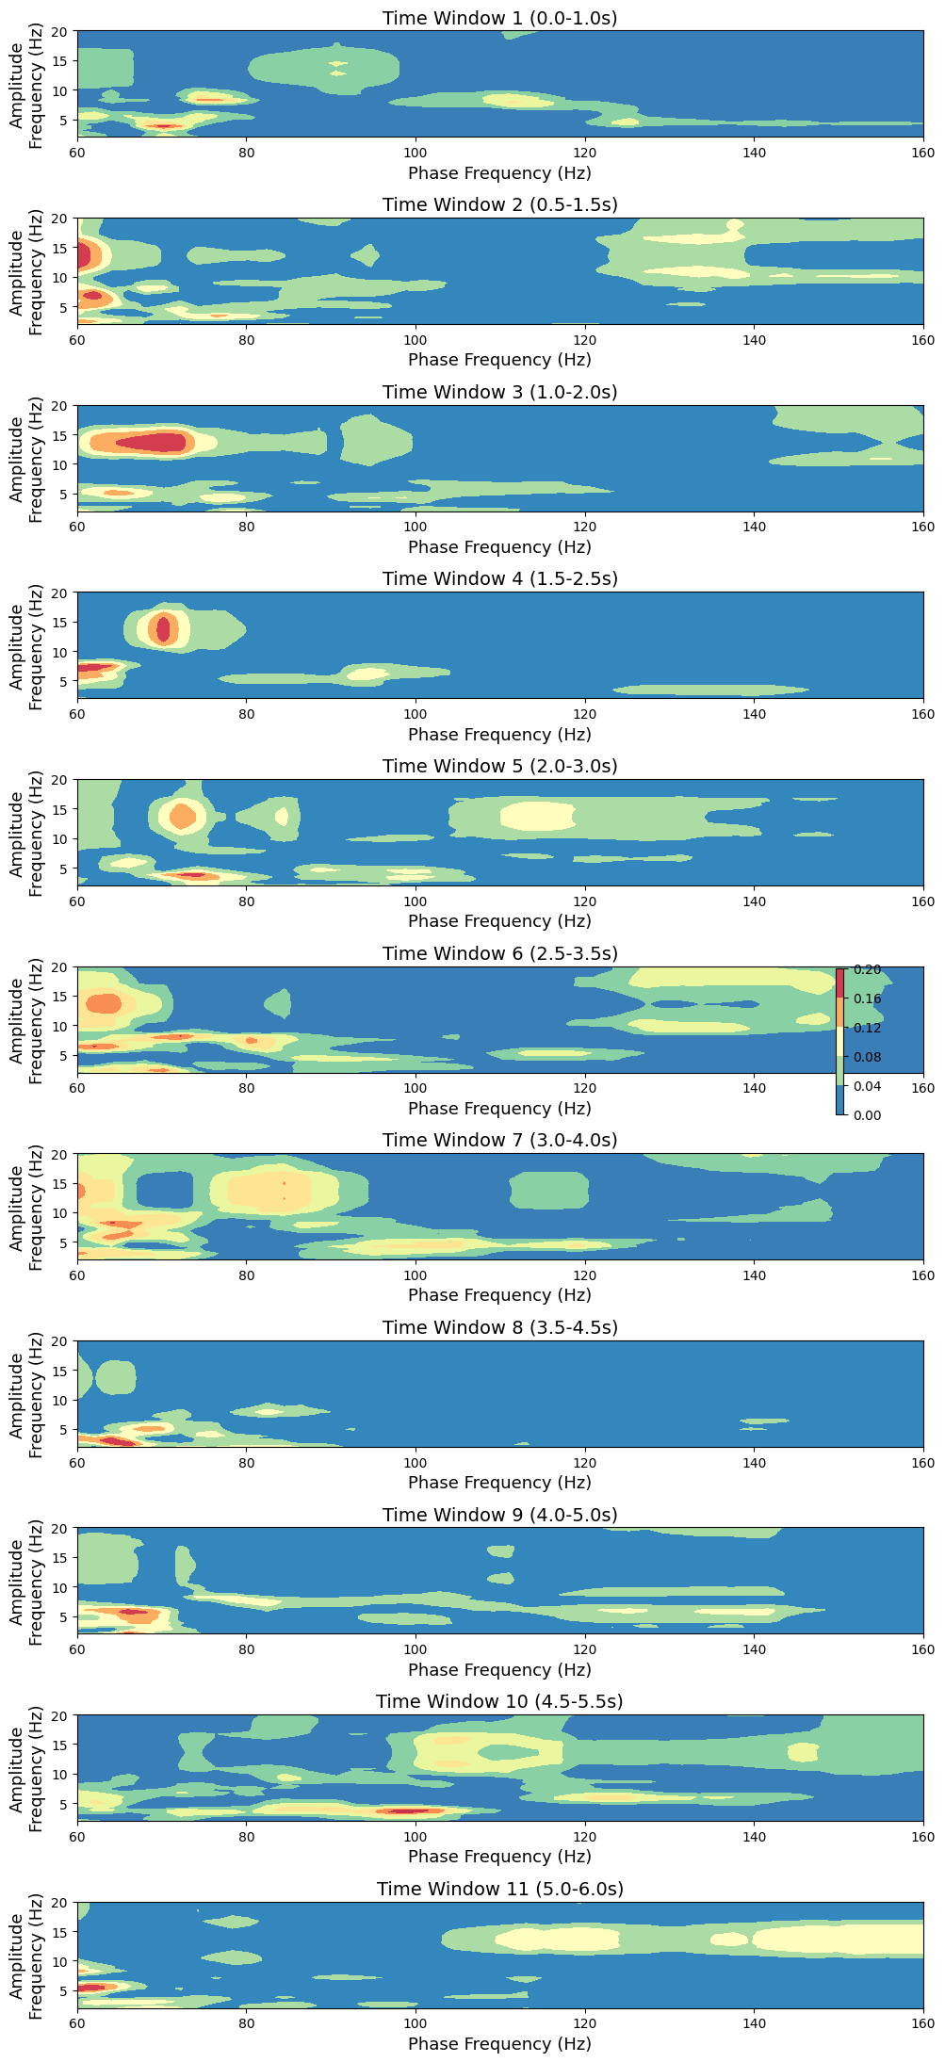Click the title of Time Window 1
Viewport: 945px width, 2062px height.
click(499, 18)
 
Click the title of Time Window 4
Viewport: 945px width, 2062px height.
click(499, 579)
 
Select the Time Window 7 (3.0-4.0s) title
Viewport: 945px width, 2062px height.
click(499, 1141)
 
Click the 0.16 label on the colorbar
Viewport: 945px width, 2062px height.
click(868, 999)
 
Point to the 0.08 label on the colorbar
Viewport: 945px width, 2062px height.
click(868, 1057)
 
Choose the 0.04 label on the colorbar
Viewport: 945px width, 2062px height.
click(868, 1086)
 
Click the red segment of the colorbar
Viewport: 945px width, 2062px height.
click(839, 983)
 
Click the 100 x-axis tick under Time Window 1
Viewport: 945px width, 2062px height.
click(415, 153)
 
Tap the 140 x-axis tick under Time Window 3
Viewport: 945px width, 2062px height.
click(754, 528)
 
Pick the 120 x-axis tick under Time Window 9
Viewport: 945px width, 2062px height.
click(584, 1649)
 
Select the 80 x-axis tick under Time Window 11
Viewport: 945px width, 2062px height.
click(246, 2023)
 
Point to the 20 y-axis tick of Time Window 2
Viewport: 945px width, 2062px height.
click(62, 219)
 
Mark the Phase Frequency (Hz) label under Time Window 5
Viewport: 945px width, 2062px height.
click(499, 921)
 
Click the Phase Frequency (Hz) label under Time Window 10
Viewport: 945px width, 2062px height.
click(499, 1857)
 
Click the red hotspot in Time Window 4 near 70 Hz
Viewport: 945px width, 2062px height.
click(164, 628)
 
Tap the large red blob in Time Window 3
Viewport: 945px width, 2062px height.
click(151, 442)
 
